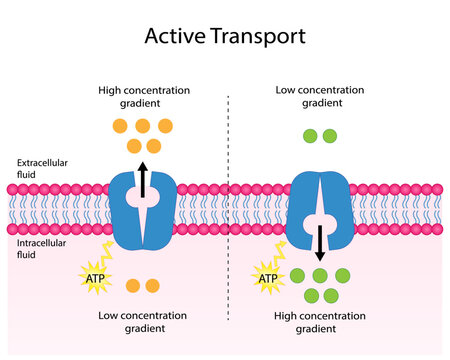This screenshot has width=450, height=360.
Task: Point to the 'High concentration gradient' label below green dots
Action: click(317, 321)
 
